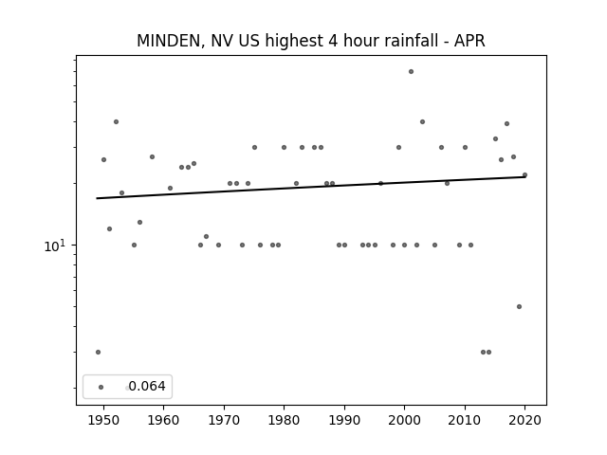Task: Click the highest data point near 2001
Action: point(411,72)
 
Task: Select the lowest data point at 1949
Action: point(98,352)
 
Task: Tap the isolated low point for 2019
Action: point(519,307)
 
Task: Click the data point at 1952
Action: point(116,122)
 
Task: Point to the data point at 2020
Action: point(524,175)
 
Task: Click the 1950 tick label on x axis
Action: point(103,420)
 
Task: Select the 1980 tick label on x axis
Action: point(284,420)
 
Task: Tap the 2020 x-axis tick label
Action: point(524,420)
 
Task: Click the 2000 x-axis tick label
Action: point(404,420)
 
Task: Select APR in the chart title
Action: point(469,41)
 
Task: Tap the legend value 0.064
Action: point(147,386)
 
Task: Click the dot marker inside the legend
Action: point(101,387)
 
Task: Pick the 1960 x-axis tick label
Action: point(163,420)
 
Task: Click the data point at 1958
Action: point(152,156)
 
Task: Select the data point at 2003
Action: point(422,122)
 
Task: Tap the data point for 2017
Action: point(506,124)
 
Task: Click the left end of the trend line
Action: point(97,198)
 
